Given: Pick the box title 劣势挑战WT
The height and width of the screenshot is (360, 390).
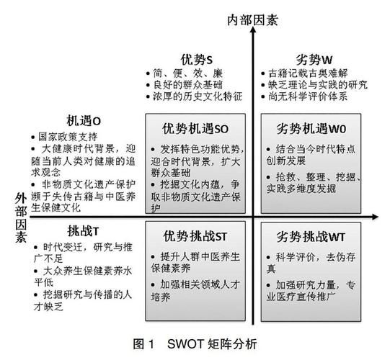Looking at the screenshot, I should [312, 236].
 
